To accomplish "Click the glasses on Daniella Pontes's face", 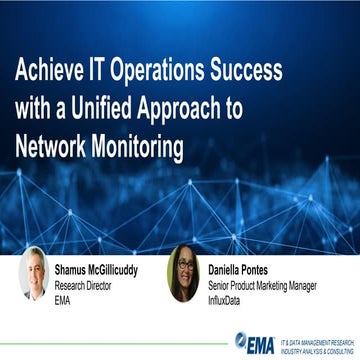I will point(185,264).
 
